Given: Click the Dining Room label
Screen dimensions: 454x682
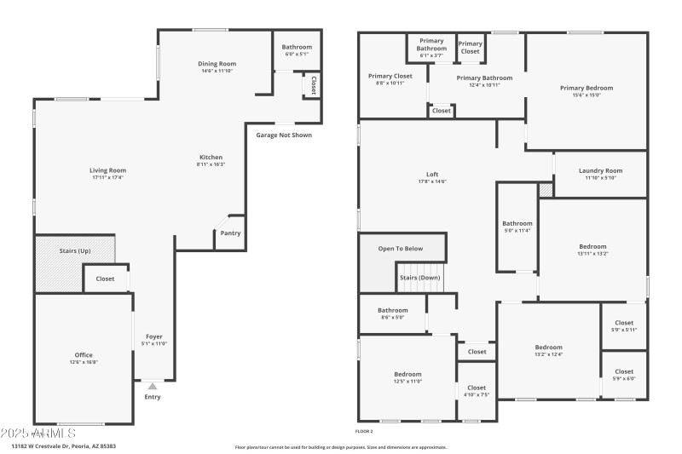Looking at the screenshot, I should [x=217, y=63].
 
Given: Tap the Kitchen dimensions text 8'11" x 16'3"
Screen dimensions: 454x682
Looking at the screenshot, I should [x=211, y=164].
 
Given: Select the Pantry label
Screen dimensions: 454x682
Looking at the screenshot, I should [x=230, y=233].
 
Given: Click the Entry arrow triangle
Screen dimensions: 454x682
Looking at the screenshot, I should [x=153, y=386].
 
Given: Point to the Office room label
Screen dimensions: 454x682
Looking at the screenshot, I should [x=84, y=354].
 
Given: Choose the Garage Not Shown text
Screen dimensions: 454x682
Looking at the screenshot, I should [x=284, y=135].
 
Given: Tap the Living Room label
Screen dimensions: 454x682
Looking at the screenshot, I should [x=107, y=170].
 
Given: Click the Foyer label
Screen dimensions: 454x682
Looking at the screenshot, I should [x=153, y=336].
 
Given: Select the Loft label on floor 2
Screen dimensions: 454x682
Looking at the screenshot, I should [x=432, y=174].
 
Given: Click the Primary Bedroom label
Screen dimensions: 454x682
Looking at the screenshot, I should [x=586, y=88].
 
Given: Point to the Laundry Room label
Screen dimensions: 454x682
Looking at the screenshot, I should [x=600, y=170].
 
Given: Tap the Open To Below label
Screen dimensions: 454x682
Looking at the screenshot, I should [x=400, y=248].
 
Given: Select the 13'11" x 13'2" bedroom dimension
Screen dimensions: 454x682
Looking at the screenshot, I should [x=592, y=254].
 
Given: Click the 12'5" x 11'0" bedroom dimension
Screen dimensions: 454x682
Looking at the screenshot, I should [x=407, y=381].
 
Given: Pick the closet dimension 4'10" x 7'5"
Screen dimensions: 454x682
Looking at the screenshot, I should [x=477, y=394].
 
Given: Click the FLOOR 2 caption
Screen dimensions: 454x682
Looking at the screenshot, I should [x=364, y=432].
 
